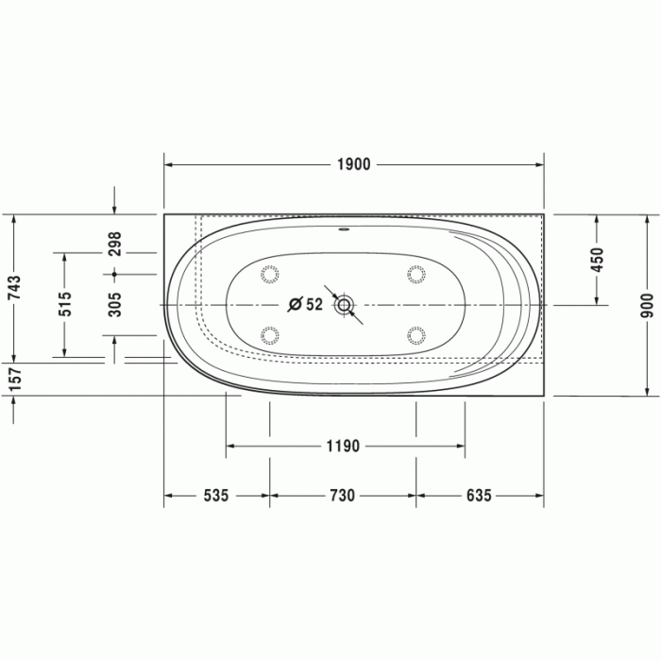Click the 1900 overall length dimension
click(354, 164)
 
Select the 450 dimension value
click(597, 260)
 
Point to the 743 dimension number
click(14, 287)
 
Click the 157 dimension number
click(14, 379)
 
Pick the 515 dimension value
click(64, 304)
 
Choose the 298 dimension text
click(114, 244)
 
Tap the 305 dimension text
click(114, 305)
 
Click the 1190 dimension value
click(343, 446)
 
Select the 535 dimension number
click(216, 496)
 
